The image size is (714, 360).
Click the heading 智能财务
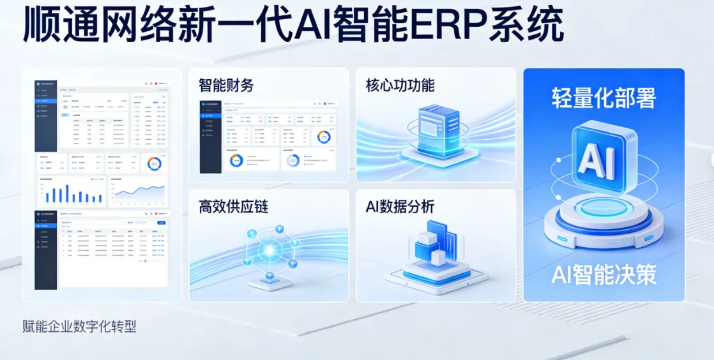click(226, 86)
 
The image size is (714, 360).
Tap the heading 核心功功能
click(400, 86)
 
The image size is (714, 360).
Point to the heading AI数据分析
click(400, 207)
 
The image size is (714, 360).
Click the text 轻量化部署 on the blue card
click(604, 98)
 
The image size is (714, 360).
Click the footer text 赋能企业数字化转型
click(79, 327)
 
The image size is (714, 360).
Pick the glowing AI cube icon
click(604, 160)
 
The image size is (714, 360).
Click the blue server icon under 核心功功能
click(438, 131)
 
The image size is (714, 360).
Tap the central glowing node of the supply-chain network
click(270, 250)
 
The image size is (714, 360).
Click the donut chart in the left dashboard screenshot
click(154, 163)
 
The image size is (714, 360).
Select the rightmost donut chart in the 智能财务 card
click(324, 137)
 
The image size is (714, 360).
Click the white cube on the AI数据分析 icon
click(438, 257)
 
